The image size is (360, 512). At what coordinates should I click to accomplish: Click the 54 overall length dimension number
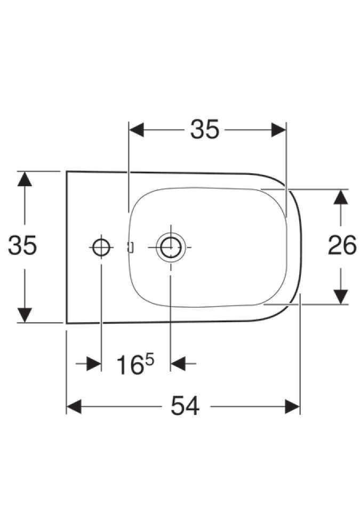pyautogui.click(x=185, y=406)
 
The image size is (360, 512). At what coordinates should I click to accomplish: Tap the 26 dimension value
pyautogui.click(x=342, y=245)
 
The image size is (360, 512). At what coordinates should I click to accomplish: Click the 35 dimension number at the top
pyautogui.click(x=205, y=129)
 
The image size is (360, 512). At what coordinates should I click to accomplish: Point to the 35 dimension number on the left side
pyautogui.click(x=22, y=245)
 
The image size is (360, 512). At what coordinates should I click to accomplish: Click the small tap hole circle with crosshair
pyautogui.click(x=101, y=247)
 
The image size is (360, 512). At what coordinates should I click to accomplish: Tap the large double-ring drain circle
pyautogui.click(x=171, y=247)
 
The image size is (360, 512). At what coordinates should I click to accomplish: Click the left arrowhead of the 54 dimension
pyautogui.click(x=74, y=406)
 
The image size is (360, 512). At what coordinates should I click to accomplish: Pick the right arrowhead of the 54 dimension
pyautogui.click(x=292, y=406)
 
